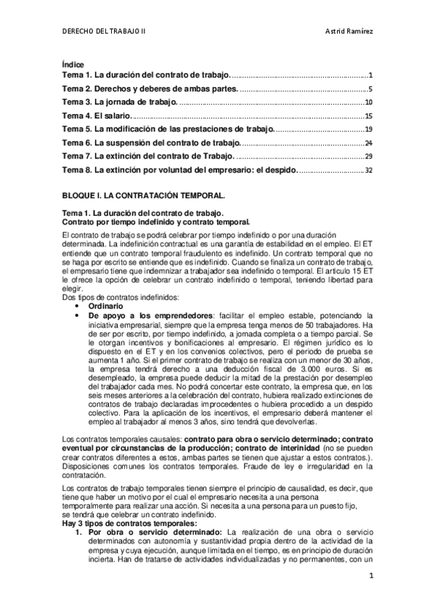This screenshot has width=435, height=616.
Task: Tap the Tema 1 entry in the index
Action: (x=146, y=75)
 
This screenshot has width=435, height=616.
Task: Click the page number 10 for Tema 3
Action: (x=368, y=102)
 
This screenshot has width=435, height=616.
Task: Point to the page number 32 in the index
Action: (x=368, y=171)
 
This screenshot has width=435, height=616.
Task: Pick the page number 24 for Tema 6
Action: (x=368, y=143)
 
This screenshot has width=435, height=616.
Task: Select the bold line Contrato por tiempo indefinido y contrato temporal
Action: (x=156, y=222)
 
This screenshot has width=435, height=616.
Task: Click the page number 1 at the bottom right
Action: (x=370, y=576)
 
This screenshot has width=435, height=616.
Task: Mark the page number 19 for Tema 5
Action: (x=368, y=129)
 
